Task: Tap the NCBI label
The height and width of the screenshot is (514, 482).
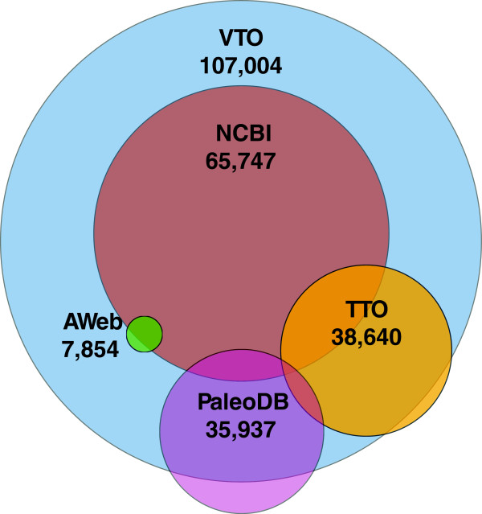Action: [x=240, y=134]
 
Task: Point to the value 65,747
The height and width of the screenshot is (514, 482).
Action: [x=240, y=159]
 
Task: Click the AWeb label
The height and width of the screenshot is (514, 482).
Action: [x=92, y=323]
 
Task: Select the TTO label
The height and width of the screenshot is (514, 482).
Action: [x=366, y=309]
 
